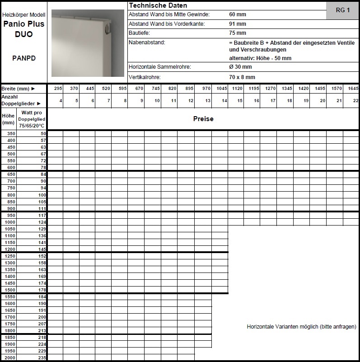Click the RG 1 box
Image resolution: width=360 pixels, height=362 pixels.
(x=343, y=10)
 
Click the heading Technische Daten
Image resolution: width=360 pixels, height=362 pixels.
(x=151, y=5)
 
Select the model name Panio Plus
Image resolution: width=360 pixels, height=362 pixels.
(x=23, y=25)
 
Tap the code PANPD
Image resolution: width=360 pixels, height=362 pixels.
(x=24, y=58)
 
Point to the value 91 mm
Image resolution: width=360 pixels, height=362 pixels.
(x=238, y=24)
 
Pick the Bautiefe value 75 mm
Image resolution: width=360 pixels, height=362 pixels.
(x=238, y=33)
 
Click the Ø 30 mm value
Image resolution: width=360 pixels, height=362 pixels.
(x=239, y=67)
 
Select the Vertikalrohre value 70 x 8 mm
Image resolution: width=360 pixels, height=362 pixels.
(x=242, y=77)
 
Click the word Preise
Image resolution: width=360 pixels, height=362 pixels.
(x=203, y=119)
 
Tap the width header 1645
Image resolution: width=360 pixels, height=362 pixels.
(x=353, y=89)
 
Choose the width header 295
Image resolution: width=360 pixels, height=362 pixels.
(x=58, y=89)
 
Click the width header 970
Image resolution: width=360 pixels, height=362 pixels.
(x=206, y=89)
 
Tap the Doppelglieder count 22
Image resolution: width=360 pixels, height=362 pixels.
(x=355, y=100)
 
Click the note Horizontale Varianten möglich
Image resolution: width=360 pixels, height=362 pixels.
(x=301, y=326)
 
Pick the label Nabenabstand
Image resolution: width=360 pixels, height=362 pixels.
(x=147, y=42)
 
